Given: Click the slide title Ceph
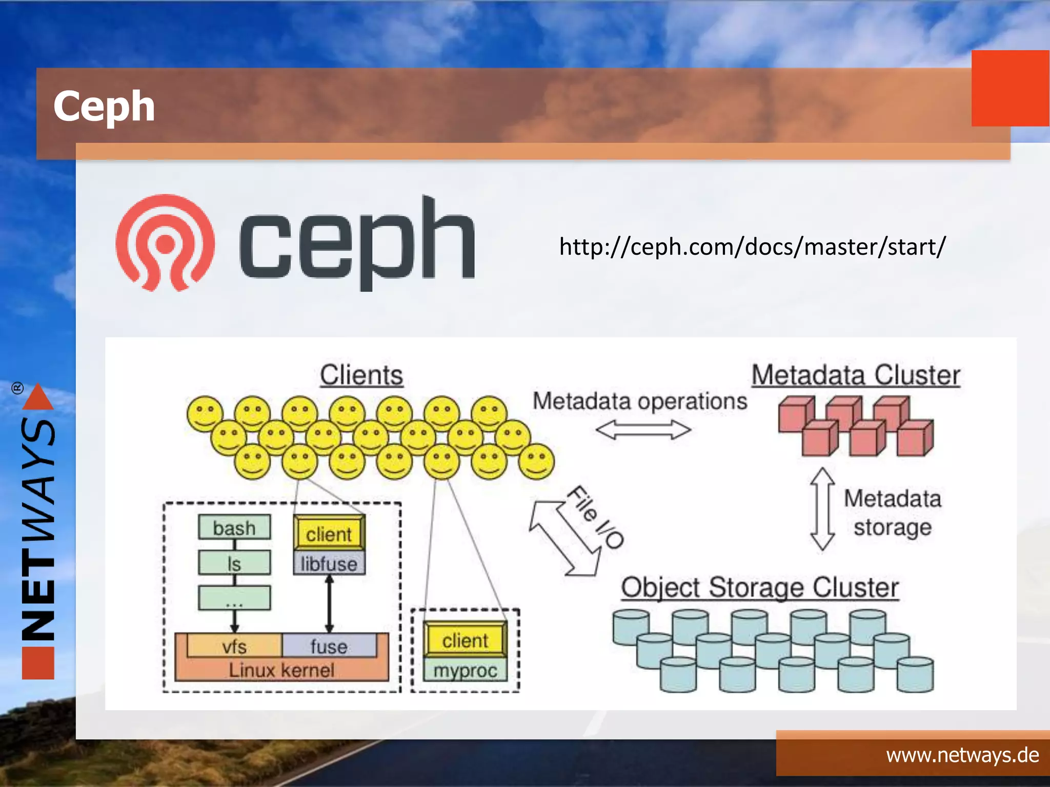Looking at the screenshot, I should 104,106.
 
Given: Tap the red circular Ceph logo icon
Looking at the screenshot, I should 165,242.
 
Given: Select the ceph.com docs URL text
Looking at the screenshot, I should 752,247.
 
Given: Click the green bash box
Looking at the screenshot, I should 234,528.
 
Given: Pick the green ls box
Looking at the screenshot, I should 234,563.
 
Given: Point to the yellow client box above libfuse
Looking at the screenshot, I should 329,534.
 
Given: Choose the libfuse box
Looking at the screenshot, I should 329,564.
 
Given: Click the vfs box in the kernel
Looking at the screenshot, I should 234,646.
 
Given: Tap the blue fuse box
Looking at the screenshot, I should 329,646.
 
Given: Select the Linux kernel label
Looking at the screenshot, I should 281,670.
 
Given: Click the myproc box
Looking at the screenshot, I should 466,670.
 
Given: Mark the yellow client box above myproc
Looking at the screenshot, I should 466,640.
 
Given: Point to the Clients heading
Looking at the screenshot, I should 361,375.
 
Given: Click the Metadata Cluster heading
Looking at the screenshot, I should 856,375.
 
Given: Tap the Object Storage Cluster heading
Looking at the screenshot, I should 760,587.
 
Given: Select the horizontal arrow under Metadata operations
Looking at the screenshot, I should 643,430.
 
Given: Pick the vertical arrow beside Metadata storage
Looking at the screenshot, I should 822,509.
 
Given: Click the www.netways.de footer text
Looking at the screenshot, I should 962,755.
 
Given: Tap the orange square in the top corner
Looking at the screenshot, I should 1010,88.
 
